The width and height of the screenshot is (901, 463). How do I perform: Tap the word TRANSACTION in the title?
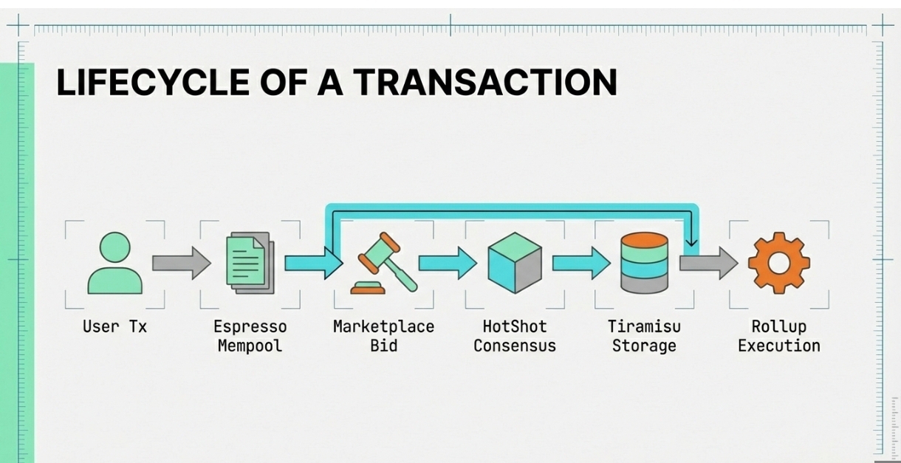click(x=484, y=82)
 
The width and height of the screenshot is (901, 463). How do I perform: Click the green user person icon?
click(x=115, y=264)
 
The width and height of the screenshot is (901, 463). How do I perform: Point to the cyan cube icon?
click(x=515, y=263)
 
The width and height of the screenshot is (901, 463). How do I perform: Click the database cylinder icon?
click(x=644, y=263)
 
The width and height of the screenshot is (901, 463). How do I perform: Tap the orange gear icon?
click(x=778, y=263)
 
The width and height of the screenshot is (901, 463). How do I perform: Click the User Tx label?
click(x=114, y=326)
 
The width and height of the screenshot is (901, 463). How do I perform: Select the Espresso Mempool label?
click(x=250, y=336)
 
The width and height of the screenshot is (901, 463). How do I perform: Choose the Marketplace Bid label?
click(x=383, y=336)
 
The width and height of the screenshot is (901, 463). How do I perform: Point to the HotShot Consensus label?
click(x=515, y=336)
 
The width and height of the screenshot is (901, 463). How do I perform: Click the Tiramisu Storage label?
click(x=644, y=336)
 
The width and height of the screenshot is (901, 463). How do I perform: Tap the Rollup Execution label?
click(x=778, y=336)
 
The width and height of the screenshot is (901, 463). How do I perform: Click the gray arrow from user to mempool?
click(x=181, y=264)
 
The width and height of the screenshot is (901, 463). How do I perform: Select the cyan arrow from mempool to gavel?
click(x=312, y=264)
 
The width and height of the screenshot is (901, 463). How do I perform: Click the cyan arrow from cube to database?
click(x=580, y=264)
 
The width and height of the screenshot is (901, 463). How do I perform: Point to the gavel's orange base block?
click(x=368, y=289)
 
